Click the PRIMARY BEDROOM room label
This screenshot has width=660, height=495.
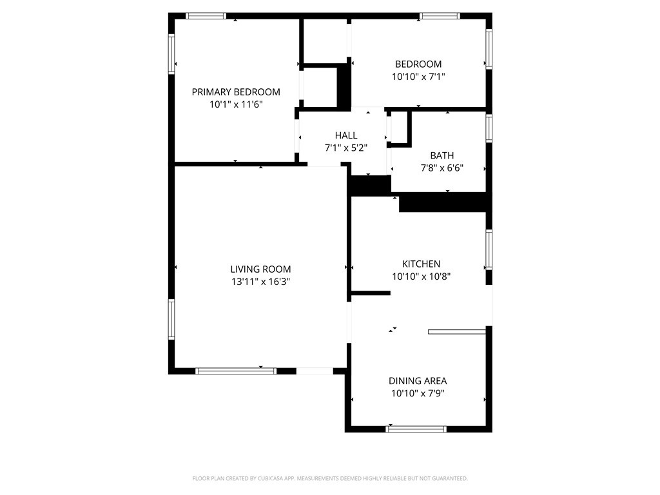point(236,92)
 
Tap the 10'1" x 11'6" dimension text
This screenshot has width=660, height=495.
point(236,104)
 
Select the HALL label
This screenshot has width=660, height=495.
point(346,135)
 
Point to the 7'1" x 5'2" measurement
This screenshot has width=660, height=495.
point(346,148)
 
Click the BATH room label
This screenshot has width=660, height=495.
point(442,155)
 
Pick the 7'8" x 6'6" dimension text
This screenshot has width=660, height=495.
point(442,168)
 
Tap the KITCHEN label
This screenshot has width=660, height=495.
point(421,264)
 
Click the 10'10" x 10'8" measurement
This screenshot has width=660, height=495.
point(421,277)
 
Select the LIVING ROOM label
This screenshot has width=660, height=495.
point(260,269)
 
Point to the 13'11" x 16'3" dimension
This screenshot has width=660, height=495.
point(260,282)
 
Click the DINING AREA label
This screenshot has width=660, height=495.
point(418,381)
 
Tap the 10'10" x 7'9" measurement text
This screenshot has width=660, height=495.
point(418,394)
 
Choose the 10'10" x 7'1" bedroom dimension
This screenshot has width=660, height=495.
point(418,77)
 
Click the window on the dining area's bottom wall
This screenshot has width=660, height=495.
point(416,429)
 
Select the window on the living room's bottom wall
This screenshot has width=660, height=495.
point(236,371)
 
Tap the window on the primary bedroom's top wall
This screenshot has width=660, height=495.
point(206,16)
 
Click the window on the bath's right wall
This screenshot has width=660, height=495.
point(489,128)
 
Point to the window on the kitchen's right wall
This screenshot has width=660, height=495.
point(489,249)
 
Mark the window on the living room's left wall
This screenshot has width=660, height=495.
point(171,319)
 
